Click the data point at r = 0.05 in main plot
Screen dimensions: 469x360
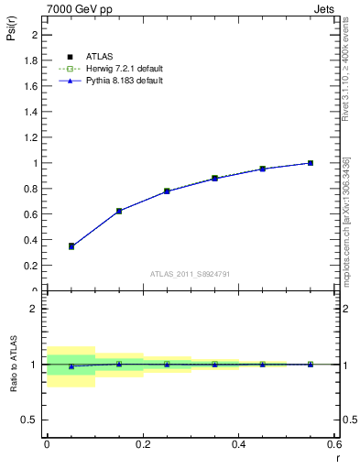click(71, 245)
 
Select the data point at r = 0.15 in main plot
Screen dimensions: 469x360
click(119, 211)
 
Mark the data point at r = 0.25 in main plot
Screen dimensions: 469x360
click(167, 191)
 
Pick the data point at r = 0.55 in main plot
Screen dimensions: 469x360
click(311, 163)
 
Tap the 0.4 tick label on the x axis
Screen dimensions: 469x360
click(238, 443)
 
